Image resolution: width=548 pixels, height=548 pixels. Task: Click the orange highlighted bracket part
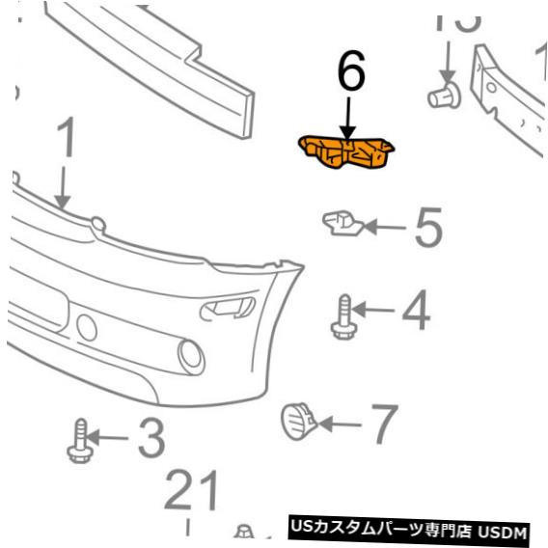click(x=347, y=154)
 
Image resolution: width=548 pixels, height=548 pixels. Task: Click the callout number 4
click(x=416, y=310)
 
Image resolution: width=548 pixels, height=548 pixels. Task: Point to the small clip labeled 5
click(x=340, y=223)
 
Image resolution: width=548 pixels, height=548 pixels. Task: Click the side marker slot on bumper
click(x=228, y=308)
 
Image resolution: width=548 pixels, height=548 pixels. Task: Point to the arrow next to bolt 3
click(x=107, y=440)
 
